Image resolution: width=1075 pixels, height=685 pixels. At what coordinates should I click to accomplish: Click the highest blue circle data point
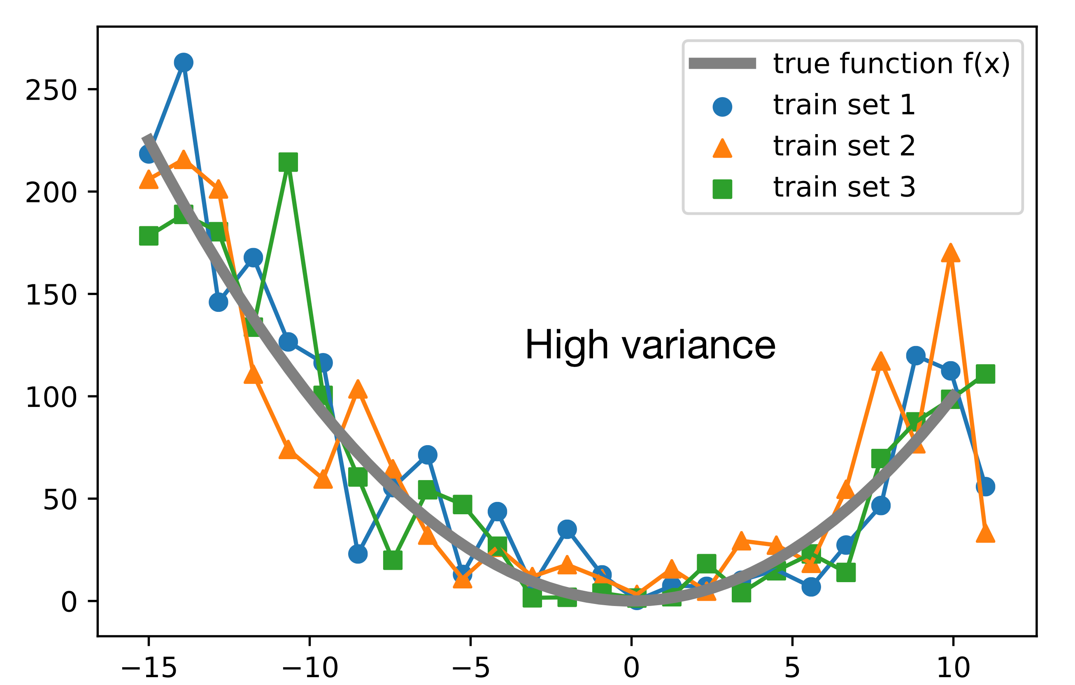tap(184, 63)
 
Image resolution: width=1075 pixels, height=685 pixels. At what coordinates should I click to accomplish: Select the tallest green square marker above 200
tap(288, 162)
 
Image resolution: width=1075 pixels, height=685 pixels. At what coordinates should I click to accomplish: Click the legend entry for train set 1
tap(844, 105)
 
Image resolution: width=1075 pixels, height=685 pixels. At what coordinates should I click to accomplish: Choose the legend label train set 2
tap(844, 146)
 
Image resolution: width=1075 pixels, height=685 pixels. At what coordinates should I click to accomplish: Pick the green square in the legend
tap(722, 189)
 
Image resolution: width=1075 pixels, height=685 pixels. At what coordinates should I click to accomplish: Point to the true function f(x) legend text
tap(891, 64)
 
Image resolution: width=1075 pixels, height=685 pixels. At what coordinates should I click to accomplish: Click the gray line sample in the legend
tap(722, 64)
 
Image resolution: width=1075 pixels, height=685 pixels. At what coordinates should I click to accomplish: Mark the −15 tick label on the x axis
tap(149, 668)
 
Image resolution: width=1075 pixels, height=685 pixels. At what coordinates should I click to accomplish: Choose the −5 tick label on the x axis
tap(470, 668)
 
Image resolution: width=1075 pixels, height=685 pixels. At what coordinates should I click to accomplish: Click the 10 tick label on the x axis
tap(953, 668)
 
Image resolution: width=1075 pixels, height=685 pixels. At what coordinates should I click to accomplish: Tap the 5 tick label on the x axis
tap(792, 668)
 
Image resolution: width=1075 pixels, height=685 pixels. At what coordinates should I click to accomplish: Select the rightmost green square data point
tap(985, 374)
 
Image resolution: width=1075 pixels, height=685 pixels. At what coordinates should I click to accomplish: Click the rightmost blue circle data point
tap(985, 486)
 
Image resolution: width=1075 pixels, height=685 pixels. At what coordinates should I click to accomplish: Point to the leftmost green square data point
tap(149, 236)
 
